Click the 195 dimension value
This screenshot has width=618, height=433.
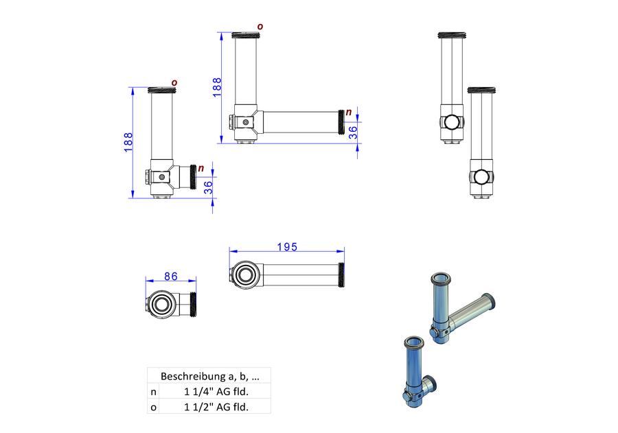[287, 247]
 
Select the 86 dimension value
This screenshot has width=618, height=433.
[171, 277]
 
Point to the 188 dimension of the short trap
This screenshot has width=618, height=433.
[128, 142]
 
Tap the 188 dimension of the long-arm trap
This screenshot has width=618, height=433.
[217, 87]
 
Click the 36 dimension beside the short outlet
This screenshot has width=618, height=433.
[208, 187]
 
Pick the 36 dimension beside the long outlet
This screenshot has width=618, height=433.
[353, 132]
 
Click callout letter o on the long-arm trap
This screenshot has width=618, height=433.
[260, 26]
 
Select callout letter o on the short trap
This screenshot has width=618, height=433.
[174, 83]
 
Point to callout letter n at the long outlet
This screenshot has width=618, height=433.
[348, 113]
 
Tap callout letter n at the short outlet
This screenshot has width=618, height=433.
[201, 168]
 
